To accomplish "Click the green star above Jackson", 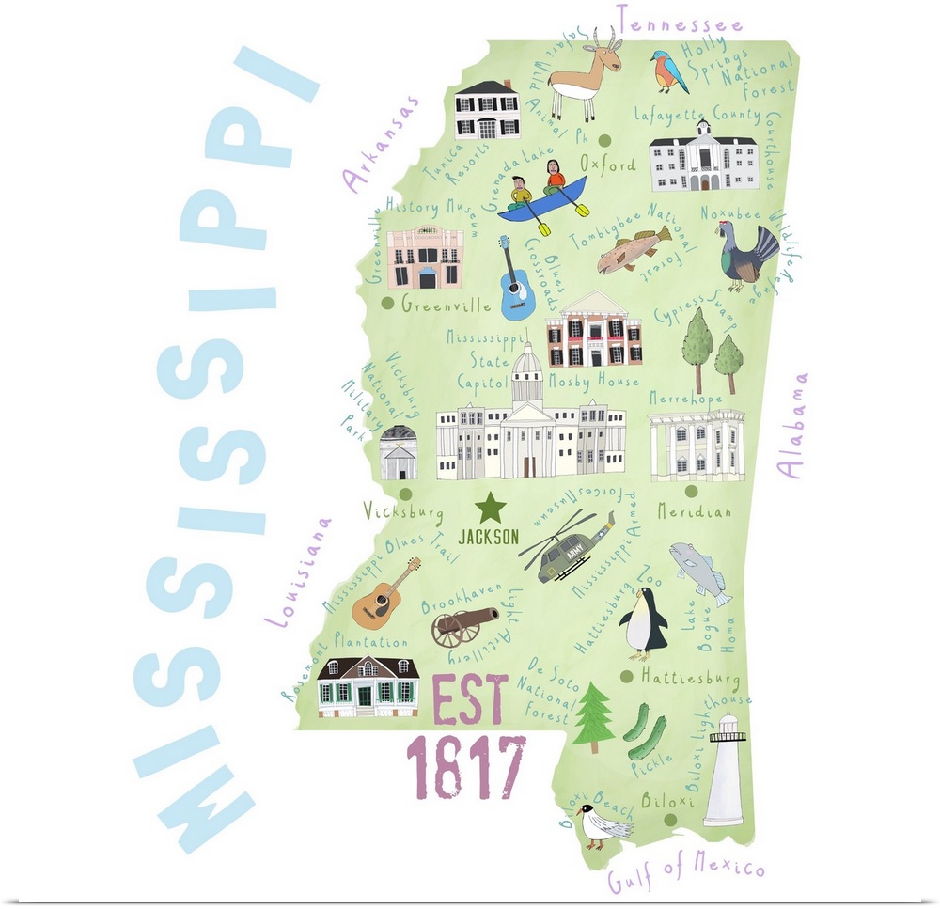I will tap(490, 509).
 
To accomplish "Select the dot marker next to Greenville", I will tap(387, 304).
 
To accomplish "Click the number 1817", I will tap(464, 767).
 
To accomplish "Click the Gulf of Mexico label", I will tap(685, 873).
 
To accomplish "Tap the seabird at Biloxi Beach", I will tap(603, 826).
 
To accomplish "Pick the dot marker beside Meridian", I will tap(691, 491).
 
